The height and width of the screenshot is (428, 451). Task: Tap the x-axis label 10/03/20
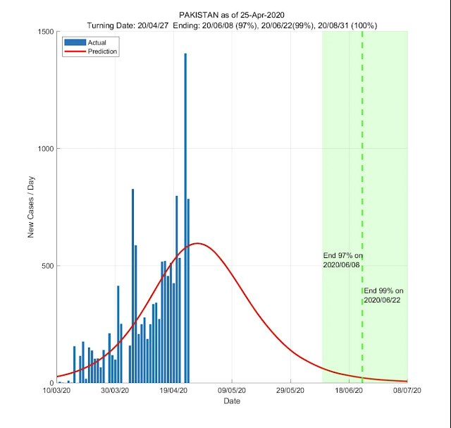click(x=56, y=390)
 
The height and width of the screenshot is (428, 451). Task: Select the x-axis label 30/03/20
click(x=115, y=390)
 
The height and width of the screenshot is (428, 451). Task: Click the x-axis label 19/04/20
click(x=173, y=390)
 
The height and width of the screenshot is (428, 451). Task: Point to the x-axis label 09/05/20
click(x=232, y=390)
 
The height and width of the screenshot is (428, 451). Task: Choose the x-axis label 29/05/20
click(x=290, y=390)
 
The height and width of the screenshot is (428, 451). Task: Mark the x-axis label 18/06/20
click(x=349, y=390)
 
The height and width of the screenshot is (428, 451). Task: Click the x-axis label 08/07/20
click(x=407, y=390)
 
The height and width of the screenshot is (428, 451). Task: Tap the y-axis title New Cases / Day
click(x=31, y=207)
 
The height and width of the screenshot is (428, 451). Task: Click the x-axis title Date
click(x=232, y=401)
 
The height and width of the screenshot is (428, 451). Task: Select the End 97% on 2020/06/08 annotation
click(x=342, y=260)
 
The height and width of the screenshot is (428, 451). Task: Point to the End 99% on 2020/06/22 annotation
click(x=384, y=295)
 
